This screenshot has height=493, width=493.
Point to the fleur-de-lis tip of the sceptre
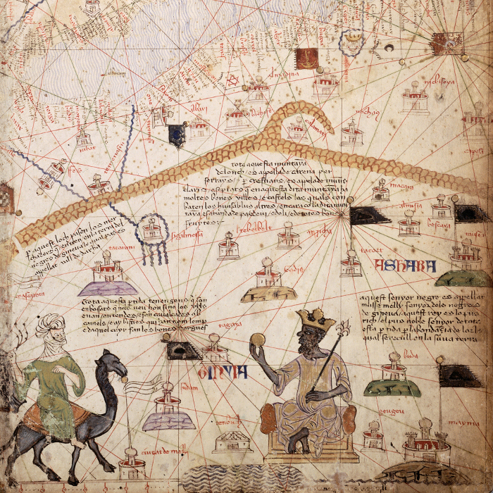point(344,327)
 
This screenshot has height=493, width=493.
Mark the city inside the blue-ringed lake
point(151,230)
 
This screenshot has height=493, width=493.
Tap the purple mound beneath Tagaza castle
point(107,287)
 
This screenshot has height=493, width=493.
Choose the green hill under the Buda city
point(392,387)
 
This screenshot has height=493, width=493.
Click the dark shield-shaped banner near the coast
point(176,135)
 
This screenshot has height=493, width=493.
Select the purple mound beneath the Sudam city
point(168,421)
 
